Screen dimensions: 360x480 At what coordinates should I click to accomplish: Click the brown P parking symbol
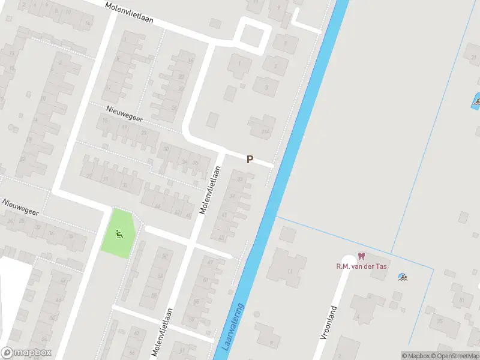click(x=250, y=160)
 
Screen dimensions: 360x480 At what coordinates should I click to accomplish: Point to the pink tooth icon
click(x=361, y=256)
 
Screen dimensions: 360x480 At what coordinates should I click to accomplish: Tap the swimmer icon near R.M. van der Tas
click(x=403, y=277)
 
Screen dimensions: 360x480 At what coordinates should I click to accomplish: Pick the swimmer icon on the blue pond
click(x=476, y=101)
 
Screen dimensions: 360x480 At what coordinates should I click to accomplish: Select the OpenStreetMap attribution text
click(x=455, y=356)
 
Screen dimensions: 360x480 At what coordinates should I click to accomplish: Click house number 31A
click(x=265, y=131)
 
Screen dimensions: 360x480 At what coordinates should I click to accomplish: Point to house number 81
click(x=461, y=300)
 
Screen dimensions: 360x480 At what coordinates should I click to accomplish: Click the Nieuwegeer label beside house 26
click(x=21, y=208)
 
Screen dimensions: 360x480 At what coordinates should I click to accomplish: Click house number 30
click(x=166, y=149)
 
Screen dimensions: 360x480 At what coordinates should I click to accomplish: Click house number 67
click(x=211, y=262)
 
